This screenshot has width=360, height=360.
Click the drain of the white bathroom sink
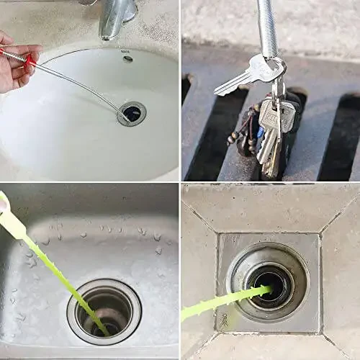132,113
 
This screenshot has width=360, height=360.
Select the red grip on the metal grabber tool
30,62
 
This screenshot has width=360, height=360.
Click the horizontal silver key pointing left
241,78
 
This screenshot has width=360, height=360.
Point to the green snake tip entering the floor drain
268,290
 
